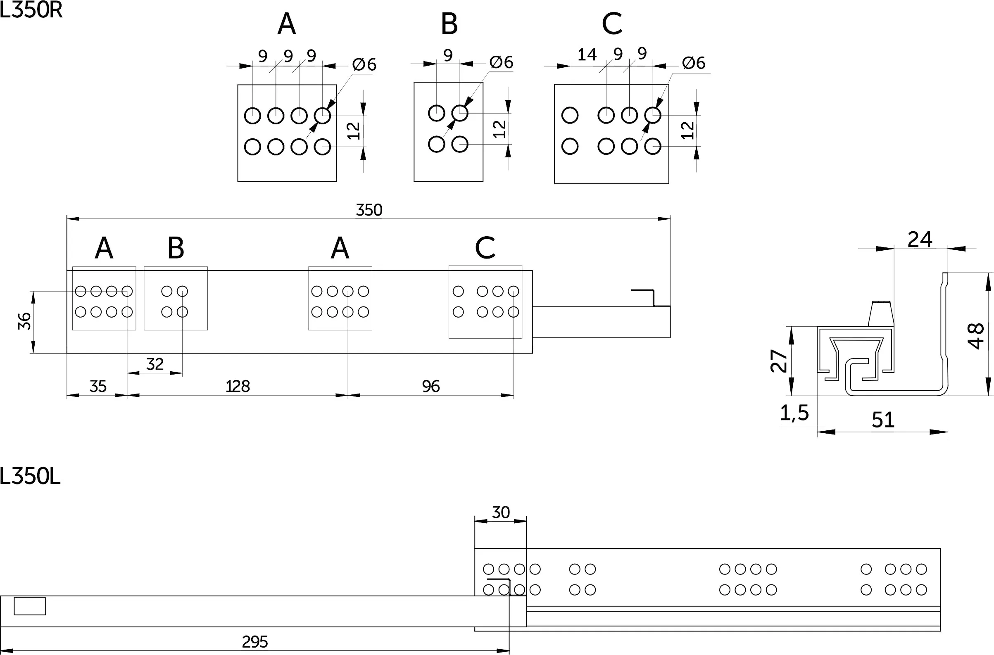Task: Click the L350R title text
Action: click(x=31, y=10)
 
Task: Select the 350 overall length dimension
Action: click(x=369, y=210)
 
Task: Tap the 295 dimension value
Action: click(x=255, y=642)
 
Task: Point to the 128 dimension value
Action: click(x=238, y=387)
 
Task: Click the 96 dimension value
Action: click(x=431, y=387)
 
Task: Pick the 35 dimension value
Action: click(x=98, y=387)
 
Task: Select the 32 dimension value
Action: click(x=155, y=364)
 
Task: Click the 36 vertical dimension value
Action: click(x=25, y=321)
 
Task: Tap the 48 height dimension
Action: click(x=976, y=335)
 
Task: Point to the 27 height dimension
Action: click(x=779, y=361)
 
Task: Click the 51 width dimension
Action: click(x=883, y=420)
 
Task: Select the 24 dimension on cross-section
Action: click(x=920, y=240)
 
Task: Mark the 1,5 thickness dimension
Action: click(x=794, y=413)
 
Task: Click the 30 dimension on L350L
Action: click(x=501, y=512)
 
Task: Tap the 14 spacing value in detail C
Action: click(x=587, y=55)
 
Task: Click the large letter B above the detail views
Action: click(x=449, y=24)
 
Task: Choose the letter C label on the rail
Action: click(x=485, y=248)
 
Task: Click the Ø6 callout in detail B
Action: click(x=501, y=62)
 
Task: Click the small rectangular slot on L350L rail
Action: click(x=30, y=606)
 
